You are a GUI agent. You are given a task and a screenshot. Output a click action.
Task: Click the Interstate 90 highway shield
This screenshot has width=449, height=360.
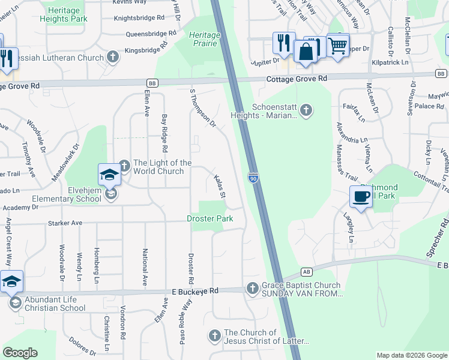[x=255, y=178]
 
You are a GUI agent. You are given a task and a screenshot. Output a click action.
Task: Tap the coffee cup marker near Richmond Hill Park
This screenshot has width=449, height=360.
[x=361, y=197]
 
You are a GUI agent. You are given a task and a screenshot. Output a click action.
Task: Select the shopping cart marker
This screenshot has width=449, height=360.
[x=338, y=45]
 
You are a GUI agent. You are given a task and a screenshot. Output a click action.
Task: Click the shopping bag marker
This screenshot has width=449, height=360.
[x=306, y=51]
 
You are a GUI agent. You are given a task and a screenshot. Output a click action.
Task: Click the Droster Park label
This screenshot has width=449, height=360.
[x=209, y=219]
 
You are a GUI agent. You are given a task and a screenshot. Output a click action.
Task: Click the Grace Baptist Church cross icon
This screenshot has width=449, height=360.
[x=252, y=289]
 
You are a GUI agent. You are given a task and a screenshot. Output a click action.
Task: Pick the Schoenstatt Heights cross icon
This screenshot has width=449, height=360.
[x=306, y=110]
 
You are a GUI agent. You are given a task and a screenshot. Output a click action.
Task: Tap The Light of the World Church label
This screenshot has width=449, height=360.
[x=162, y=167]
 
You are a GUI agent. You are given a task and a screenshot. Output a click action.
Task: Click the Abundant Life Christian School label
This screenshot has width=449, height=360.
[x=55, y=304]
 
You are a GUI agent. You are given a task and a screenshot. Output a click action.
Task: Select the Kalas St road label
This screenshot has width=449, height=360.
[x=220, y=187]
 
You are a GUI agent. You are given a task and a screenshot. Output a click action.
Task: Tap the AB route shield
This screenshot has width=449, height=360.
[x=307, y=272]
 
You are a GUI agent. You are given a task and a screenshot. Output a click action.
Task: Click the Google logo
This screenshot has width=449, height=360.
[x=20, y=353]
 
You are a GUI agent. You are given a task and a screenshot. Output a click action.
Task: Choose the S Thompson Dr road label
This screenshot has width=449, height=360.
[x=202, y=109]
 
